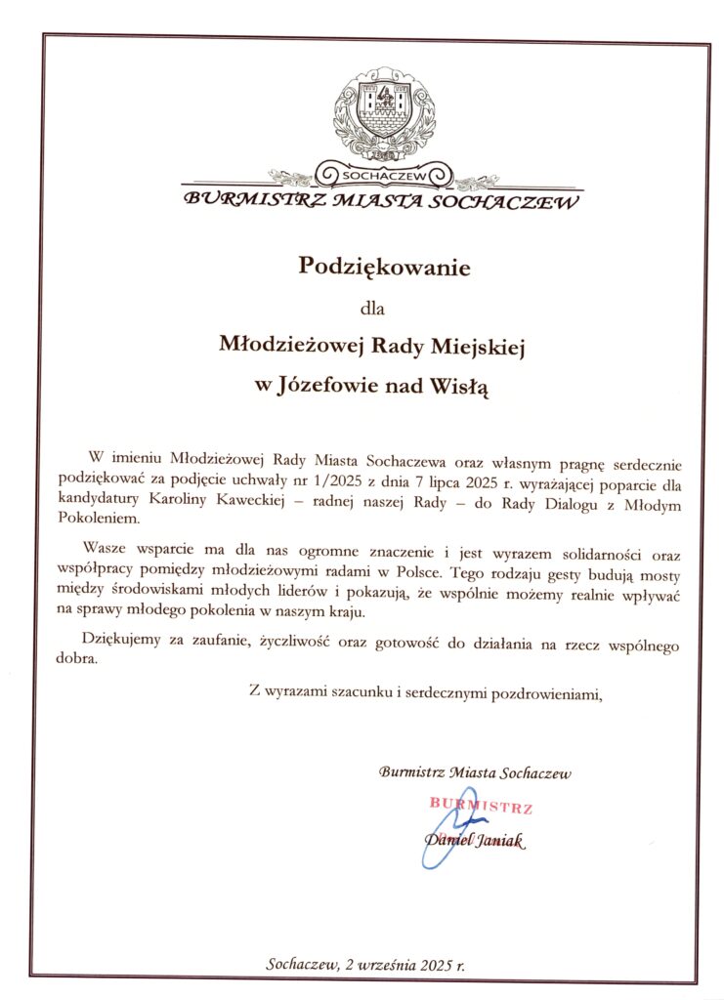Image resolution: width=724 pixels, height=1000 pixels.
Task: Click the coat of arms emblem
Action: pyautogui.click(x=383, y=113)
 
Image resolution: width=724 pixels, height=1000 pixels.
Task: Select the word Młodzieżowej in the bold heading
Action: pyautogui.click(x=282, y=345)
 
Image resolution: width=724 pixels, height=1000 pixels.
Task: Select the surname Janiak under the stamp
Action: pyautogui.click(x=498, y=842)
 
